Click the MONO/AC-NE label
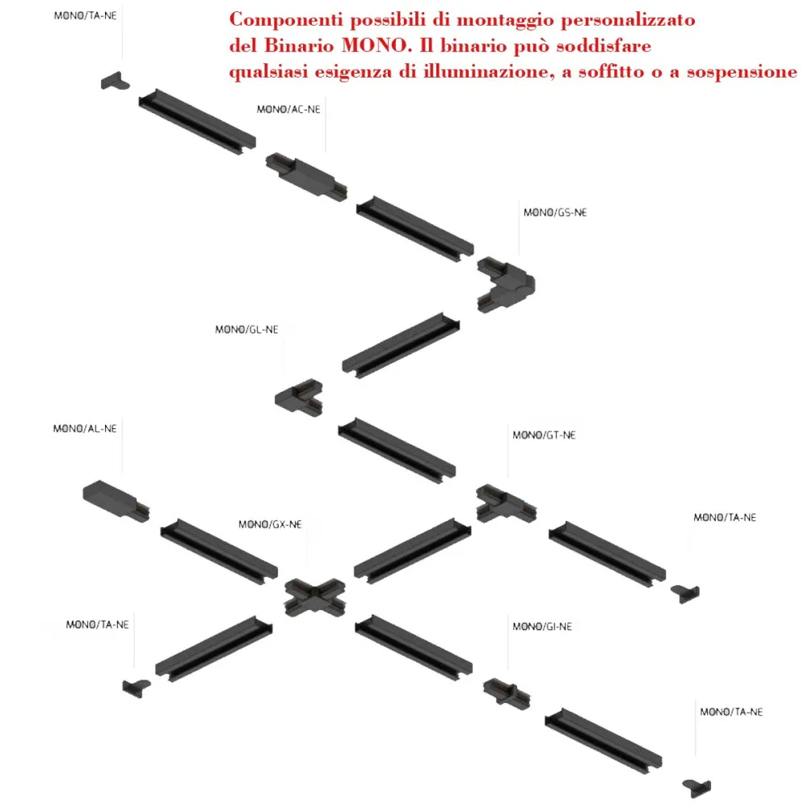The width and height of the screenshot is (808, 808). click(x=288, y=109)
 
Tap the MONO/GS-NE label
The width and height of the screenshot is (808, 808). click(x=555, y=213)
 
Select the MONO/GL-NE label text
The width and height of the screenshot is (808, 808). click(x=246, y=330)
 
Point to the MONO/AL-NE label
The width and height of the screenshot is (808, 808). click(x=85, y=429)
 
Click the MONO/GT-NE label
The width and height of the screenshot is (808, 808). click(x=544, y=435)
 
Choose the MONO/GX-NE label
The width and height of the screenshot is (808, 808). click(x=270, y=524)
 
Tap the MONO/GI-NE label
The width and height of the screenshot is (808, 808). click(x=542, y=627)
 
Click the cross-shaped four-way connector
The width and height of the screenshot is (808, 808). click(x=315, y=598)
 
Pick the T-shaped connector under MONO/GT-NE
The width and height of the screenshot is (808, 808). click(x=506, y=504)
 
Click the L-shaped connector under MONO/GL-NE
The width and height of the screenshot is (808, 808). click(x=299, y=398)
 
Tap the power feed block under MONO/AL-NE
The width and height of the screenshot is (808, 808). click(x=116, y=501)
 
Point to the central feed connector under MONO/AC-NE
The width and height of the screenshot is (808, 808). click(x=306, y=176)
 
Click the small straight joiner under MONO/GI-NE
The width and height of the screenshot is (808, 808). click(x=507, y=694)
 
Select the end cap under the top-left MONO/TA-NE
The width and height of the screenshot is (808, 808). click(x=115, y=81)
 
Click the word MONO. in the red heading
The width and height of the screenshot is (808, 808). click(x=377, y=45)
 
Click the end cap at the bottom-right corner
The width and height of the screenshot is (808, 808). click(x=696, y=788)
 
